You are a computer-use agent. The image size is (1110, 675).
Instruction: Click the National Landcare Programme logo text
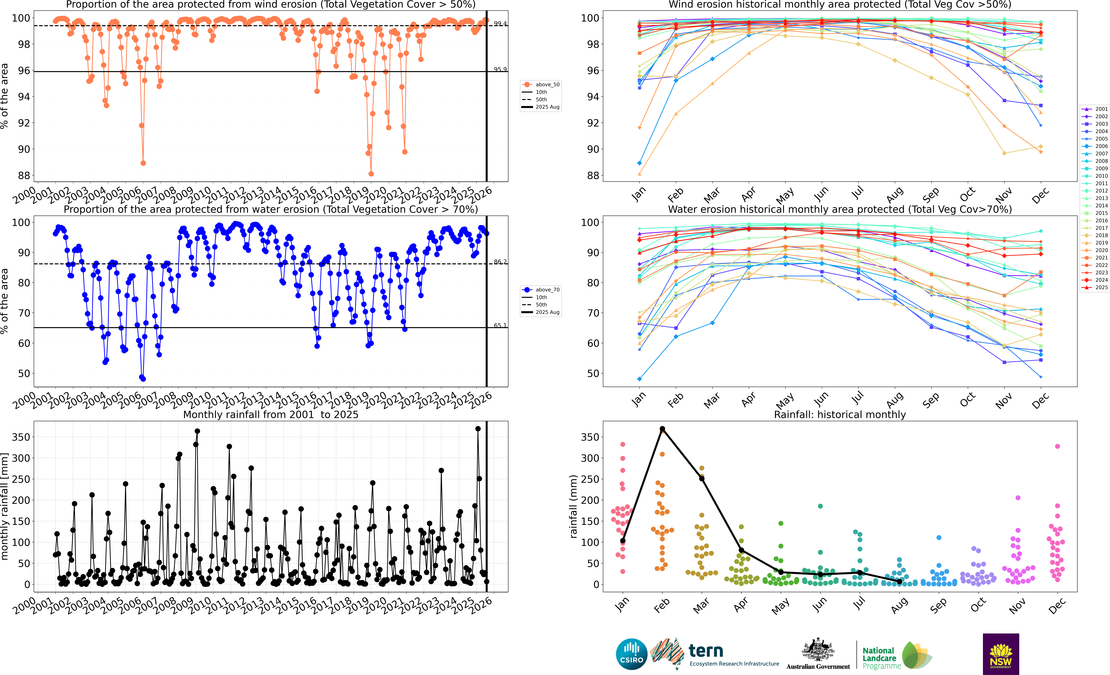pyautogui.click(x=881, y=658)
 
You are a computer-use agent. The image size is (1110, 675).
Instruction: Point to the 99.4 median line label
pyautogui.click(x=500, y=23)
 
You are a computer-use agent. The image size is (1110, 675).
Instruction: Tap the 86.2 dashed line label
pyautogui.click(x=500, y=261)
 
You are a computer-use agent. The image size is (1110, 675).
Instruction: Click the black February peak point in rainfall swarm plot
pyautogui.click(x=662, y=429)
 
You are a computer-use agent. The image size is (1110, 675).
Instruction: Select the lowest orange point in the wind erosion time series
pyautogui.click(x=371, y=174)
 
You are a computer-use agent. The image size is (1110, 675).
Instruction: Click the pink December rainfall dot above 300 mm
pyautogui.click(x=1057, y=446)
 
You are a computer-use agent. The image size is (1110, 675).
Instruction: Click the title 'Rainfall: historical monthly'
pyautogui.click(x=840, y=414)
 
